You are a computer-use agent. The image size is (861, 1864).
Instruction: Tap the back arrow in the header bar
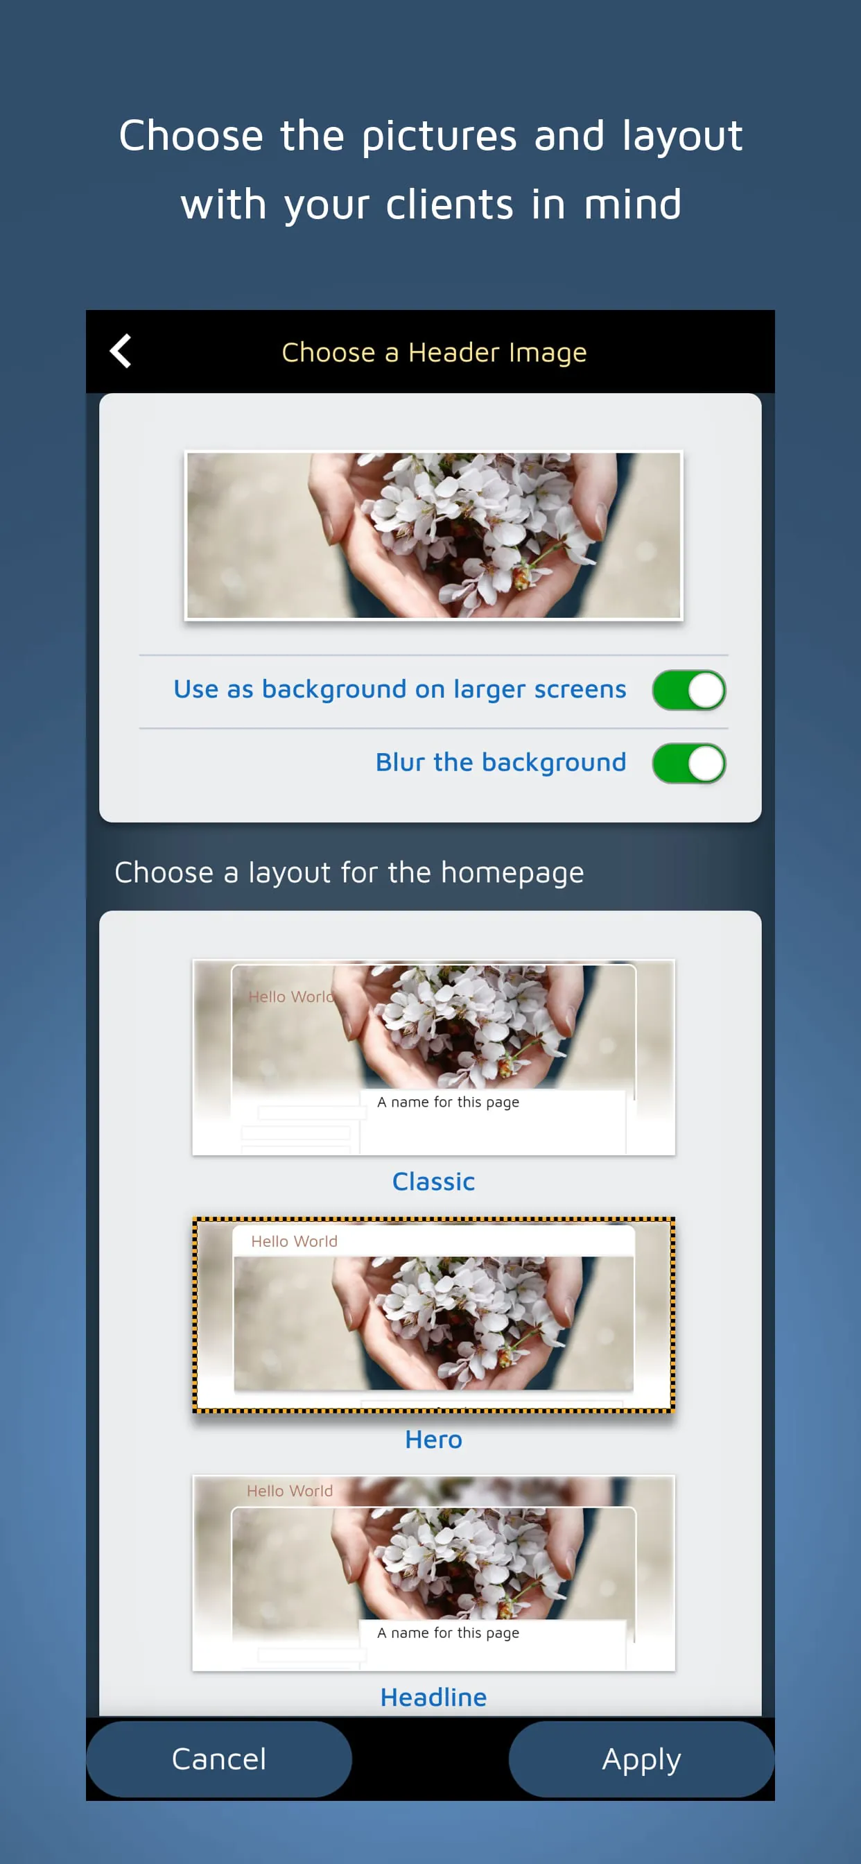(x=121, y=352)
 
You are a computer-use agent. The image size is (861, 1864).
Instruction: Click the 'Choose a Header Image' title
(x=433, y=352)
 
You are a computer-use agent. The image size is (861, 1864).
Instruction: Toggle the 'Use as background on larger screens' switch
(x=688, y=689)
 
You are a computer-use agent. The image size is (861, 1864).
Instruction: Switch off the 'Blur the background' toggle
(x=688, y=763)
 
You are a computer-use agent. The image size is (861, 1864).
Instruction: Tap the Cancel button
(x=218, y=1759)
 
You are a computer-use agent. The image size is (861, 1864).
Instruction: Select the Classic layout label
(x=433, y=1181)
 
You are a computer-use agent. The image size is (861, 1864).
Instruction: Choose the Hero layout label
(x=433, y=1439)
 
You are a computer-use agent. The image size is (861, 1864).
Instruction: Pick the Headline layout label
(x=433, y=1697)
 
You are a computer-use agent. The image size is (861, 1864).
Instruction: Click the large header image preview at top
(x=433, y=535)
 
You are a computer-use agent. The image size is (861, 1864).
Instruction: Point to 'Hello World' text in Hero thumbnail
(x=294, y=1241)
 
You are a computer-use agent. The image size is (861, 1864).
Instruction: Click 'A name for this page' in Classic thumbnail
(x=448, y=1102)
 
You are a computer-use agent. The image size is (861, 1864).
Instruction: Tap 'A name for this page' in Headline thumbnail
(x=448, y=1632)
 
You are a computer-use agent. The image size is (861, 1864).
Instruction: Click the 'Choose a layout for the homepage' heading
(x=349, y=872)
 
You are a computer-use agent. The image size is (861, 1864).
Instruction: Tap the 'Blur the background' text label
(x=500, y=763)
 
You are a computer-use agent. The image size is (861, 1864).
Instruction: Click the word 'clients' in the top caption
(x=449, y=205)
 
